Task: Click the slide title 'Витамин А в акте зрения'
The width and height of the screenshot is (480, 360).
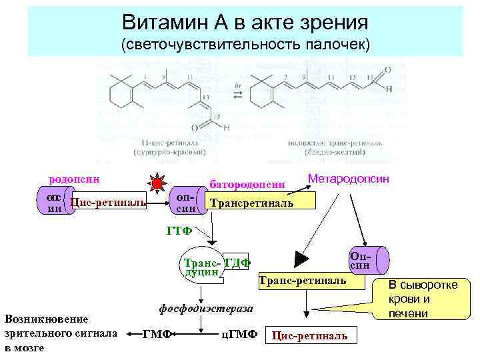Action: [245, 23]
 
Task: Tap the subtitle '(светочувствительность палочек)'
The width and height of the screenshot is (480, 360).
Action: [245, 45]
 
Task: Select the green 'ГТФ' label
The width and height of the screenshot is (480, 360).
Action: [179, 231]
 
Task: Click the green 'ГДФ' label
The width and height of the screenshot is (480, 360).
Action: [237, 263]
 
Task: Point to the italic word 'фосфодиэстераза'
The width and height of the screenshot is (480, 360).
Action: [207, 309]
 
